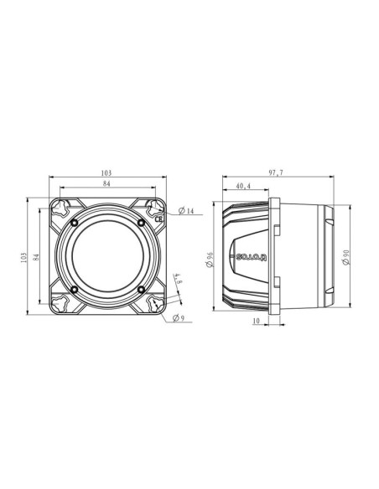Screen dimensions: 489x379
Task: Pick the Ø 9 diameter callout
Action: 178,317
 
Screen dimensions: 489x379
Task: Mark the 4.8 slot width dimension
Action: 178,279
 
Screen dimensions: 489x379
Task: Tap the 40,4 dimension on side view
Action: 245,186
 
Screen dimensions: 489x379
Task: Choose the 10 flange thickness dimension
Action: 255,322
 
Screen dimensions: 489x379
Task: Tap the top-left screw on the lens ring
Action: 75,223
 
